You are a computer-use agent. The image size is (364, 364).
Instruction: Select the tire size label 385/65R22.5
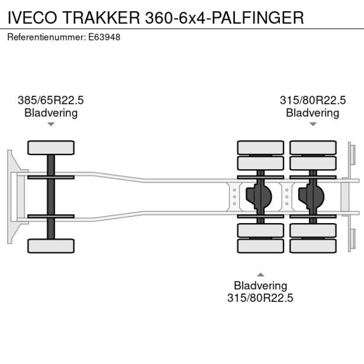[50, 100]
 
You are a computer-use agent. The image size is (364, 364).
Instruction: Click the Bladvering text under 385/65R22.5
[50, 113]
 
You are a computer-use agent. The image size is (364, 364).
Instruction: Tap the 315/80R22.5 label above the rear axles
[312, 100]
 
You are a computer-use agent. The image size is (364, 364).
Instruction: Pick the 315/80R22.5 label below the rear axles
[260, 298]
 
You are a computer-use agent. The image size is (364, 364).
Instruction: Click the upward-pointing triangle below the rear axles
[260, 274]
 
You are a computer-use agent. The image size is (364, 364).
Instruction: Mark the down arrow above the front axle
[51, 124]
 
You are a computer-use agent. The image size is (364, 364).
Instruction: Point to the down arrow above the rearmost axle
[312, 124]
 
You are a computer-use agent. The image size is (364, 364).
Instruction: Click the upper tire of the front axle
[51, 147]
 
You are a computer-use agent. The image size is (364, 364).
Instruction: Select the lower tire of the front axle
[51, 245]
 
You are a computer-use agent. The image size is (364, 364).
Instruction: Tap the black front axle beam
[51, 197]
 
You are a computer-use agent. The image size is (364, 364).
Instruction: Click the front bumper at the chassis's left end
[11, 197]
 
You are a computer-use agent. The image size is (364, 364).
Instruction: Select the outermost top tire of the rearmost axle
[312, 147]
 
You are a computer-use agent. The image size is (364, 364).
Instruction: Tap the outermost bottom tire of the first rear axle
[260, 245]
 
